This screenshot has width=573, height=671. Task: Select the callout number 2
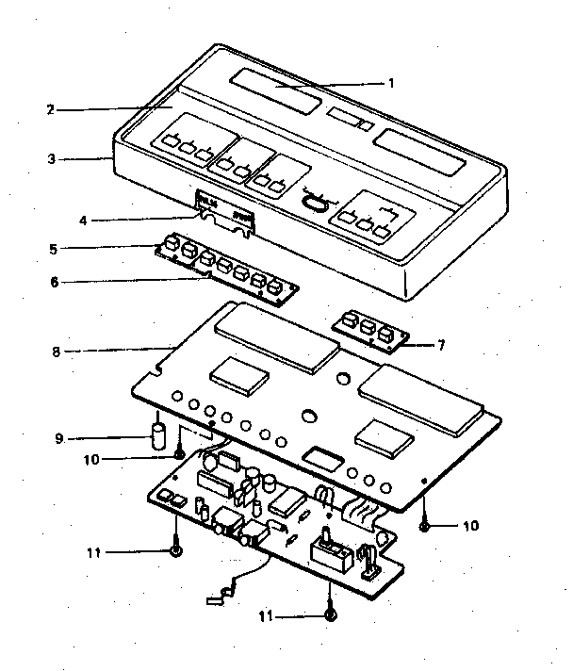(x=50, y=109)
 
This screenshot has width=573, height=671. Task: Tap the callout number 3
(x=51, y=159)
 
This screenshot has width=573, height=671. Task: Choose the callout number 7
(x=440, y=345)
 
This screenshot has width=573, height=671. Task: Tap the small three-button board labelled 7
(x=368, y=332)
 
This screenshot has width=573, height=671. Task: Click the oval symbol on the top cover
(x=316, y=200)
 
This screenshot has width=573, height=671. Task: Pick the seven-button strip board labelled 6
(x=226, y=271)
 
